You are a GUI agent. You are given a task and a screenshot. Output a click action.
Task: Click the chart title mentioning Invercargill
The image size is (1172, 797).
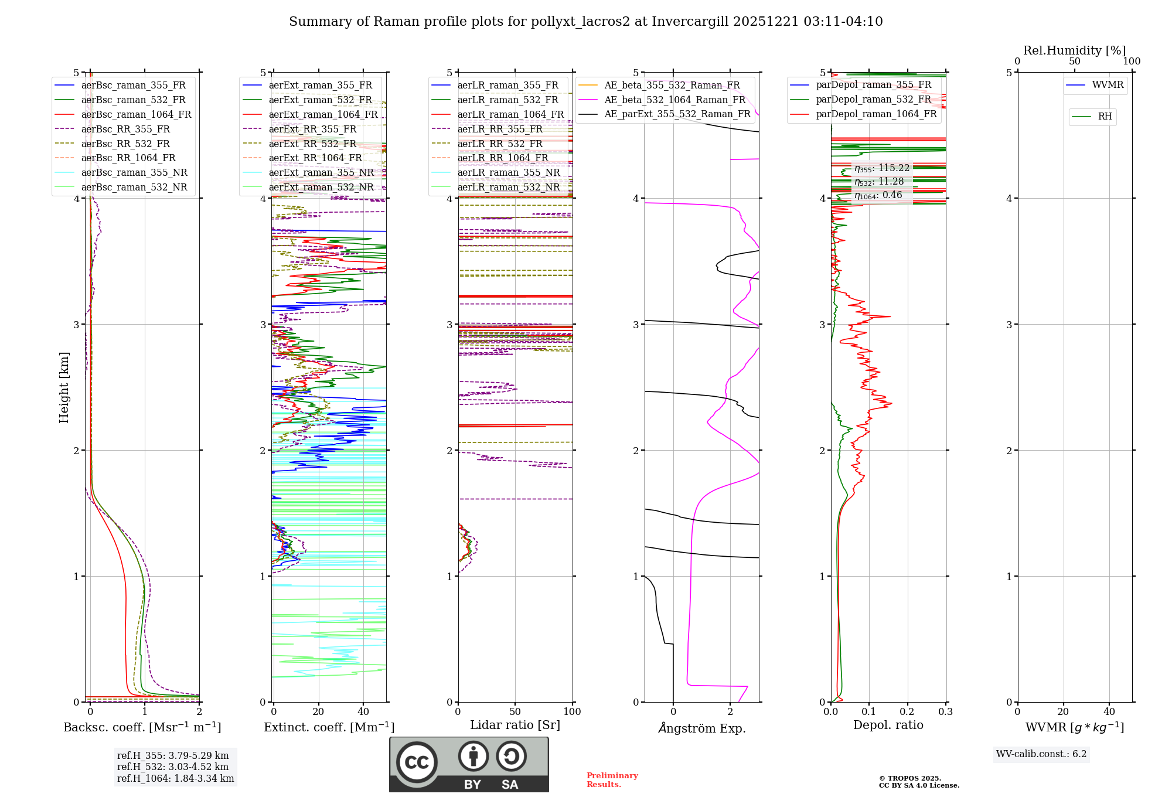585,22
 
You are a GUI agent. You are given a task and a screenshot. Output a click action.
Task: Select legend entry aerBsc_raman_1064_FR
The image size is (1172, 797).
136,114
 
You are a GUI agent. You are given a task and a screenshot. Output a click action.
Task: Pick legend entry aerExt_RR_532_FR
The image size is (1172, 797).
312,144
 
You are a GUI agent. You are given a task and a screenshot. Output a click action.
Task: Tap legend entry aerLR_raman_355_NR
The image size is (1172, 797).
508,172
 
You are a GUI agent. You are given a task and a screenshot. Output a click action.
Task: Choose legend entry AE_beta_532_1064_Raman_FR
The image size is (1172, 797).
674,100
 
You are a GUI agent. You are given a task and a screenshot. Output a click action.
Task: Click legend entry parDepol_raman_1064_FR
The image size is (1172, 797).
876,114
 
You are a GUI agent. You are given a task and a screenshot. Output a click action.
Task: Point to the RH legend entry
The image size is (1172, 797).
1105,117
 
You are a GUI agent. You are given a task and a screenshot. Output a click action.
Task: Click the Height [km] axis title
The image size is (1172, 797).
64,387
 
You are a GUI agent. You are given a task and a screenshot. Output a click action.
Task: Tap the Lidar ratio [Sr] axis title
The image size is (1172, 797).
515,725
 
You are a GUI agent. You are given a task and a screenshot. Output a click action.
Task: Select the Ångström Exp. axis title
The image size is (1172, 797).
702,728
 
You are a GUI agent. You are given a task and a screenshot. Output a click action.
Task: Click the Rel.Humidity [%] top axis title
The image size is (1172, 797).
1074,50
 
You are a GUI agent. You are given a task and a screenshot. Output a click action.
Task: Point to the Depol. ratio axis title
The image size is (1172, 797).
888,725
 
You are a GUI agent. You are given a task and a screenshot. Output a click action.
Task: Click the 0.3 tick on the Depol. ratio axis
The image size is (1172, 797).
945,712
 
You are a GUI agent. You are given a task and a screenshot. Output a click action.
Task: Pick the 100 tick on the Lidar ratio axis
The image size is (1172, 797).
572,712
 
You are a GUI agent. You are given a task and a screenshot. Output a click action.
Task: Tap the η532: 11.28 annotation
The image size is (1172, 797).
879,182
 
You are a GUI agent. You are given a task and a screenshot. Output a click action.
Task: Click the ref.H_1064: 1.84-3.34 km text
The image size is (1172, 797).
175,778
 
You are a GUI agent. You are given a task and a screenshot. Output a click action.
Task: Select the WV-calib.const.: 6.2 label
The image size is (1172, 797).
1041,754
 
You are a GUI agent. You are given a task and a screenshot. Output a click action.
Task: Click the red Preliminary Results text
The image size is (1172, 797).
612,779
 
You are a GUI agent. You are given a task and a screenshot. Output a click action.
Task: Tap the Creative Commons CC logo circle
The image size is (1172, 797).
417,762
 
